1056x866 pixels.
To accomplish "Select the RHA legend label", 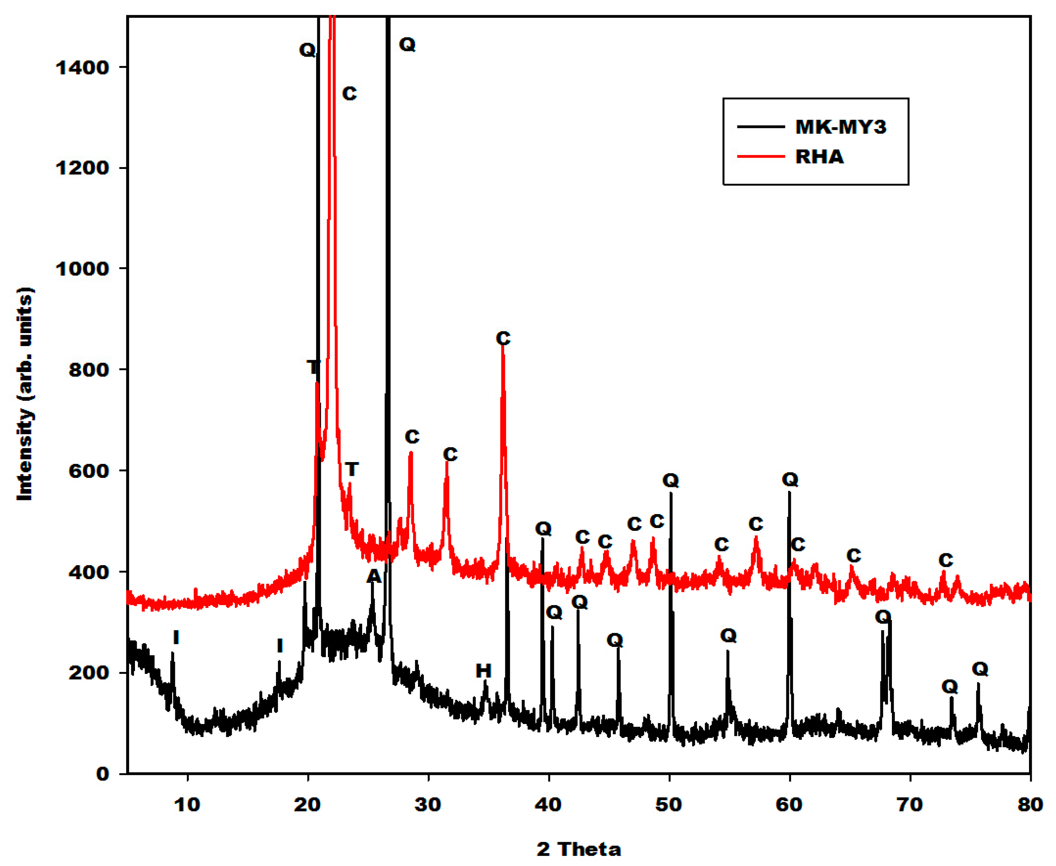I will click(819, 157).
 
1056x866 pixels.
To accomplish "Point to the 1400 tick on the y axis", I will click(82, 67).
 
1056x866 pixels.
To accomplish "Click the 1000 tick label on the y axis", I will click(82, 269).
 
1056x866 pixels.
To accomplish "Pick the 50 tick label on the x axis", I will click(669, 805).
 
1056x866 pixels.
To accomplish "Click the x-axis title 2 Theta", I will click(578, 848).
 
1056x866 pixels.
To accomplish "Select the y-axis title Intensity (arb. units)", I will click(25, 394).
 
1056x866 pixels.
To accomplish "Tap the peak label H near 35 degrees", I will click(483, 671).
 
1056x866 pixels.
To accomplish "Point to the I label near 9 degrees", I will click(176, 637).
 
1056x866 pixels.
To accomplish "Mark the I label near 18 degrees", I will click(280, 646).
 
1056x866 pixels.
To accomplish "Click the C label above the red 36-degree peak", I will click(503, 339).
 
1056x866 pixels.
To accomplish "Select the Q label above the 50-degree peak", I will click(670, 480).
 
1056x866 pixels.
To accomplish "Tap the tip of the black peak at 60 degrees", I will click(789, 492).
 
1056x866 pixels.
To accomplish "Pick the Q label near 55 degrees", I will click(728, 636).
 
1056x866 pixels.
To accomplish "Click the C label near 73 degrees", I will click(945, 560).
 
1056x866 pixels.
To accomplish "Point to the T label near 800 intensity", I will click(313, 368).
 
